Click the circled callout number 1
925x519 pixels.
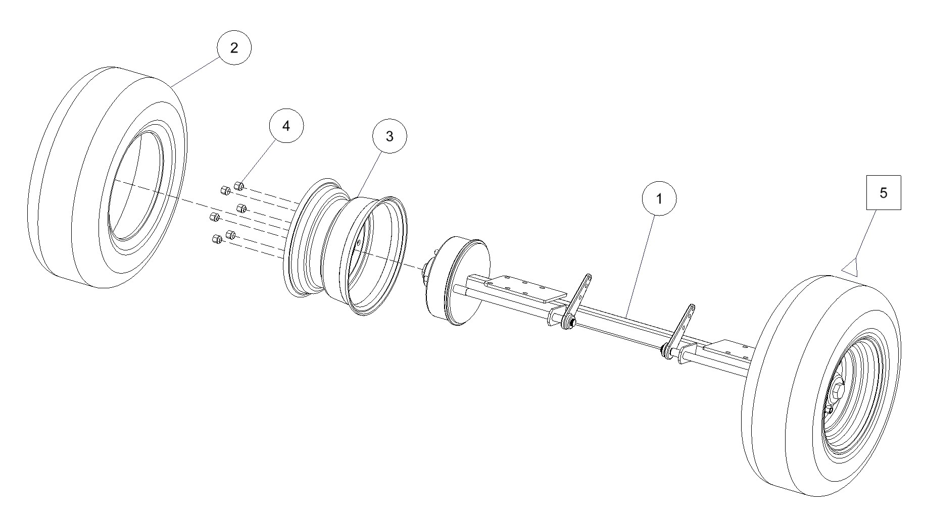[659, 199]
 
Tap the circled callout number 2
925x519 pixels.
[234, 47]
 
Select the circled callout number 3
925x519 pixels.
[389, 136]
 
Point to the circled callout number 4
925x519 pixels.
[286, 126]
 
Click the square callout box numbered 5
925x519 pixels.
[884, 192]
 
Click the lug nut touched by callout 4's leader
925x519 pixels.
[239, 186]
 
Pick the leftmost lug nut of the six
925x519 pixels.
[214, 218]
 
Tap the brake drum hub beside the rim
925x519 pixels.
[457, 281]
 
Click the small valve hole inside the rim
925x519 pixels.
[358, 243]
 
